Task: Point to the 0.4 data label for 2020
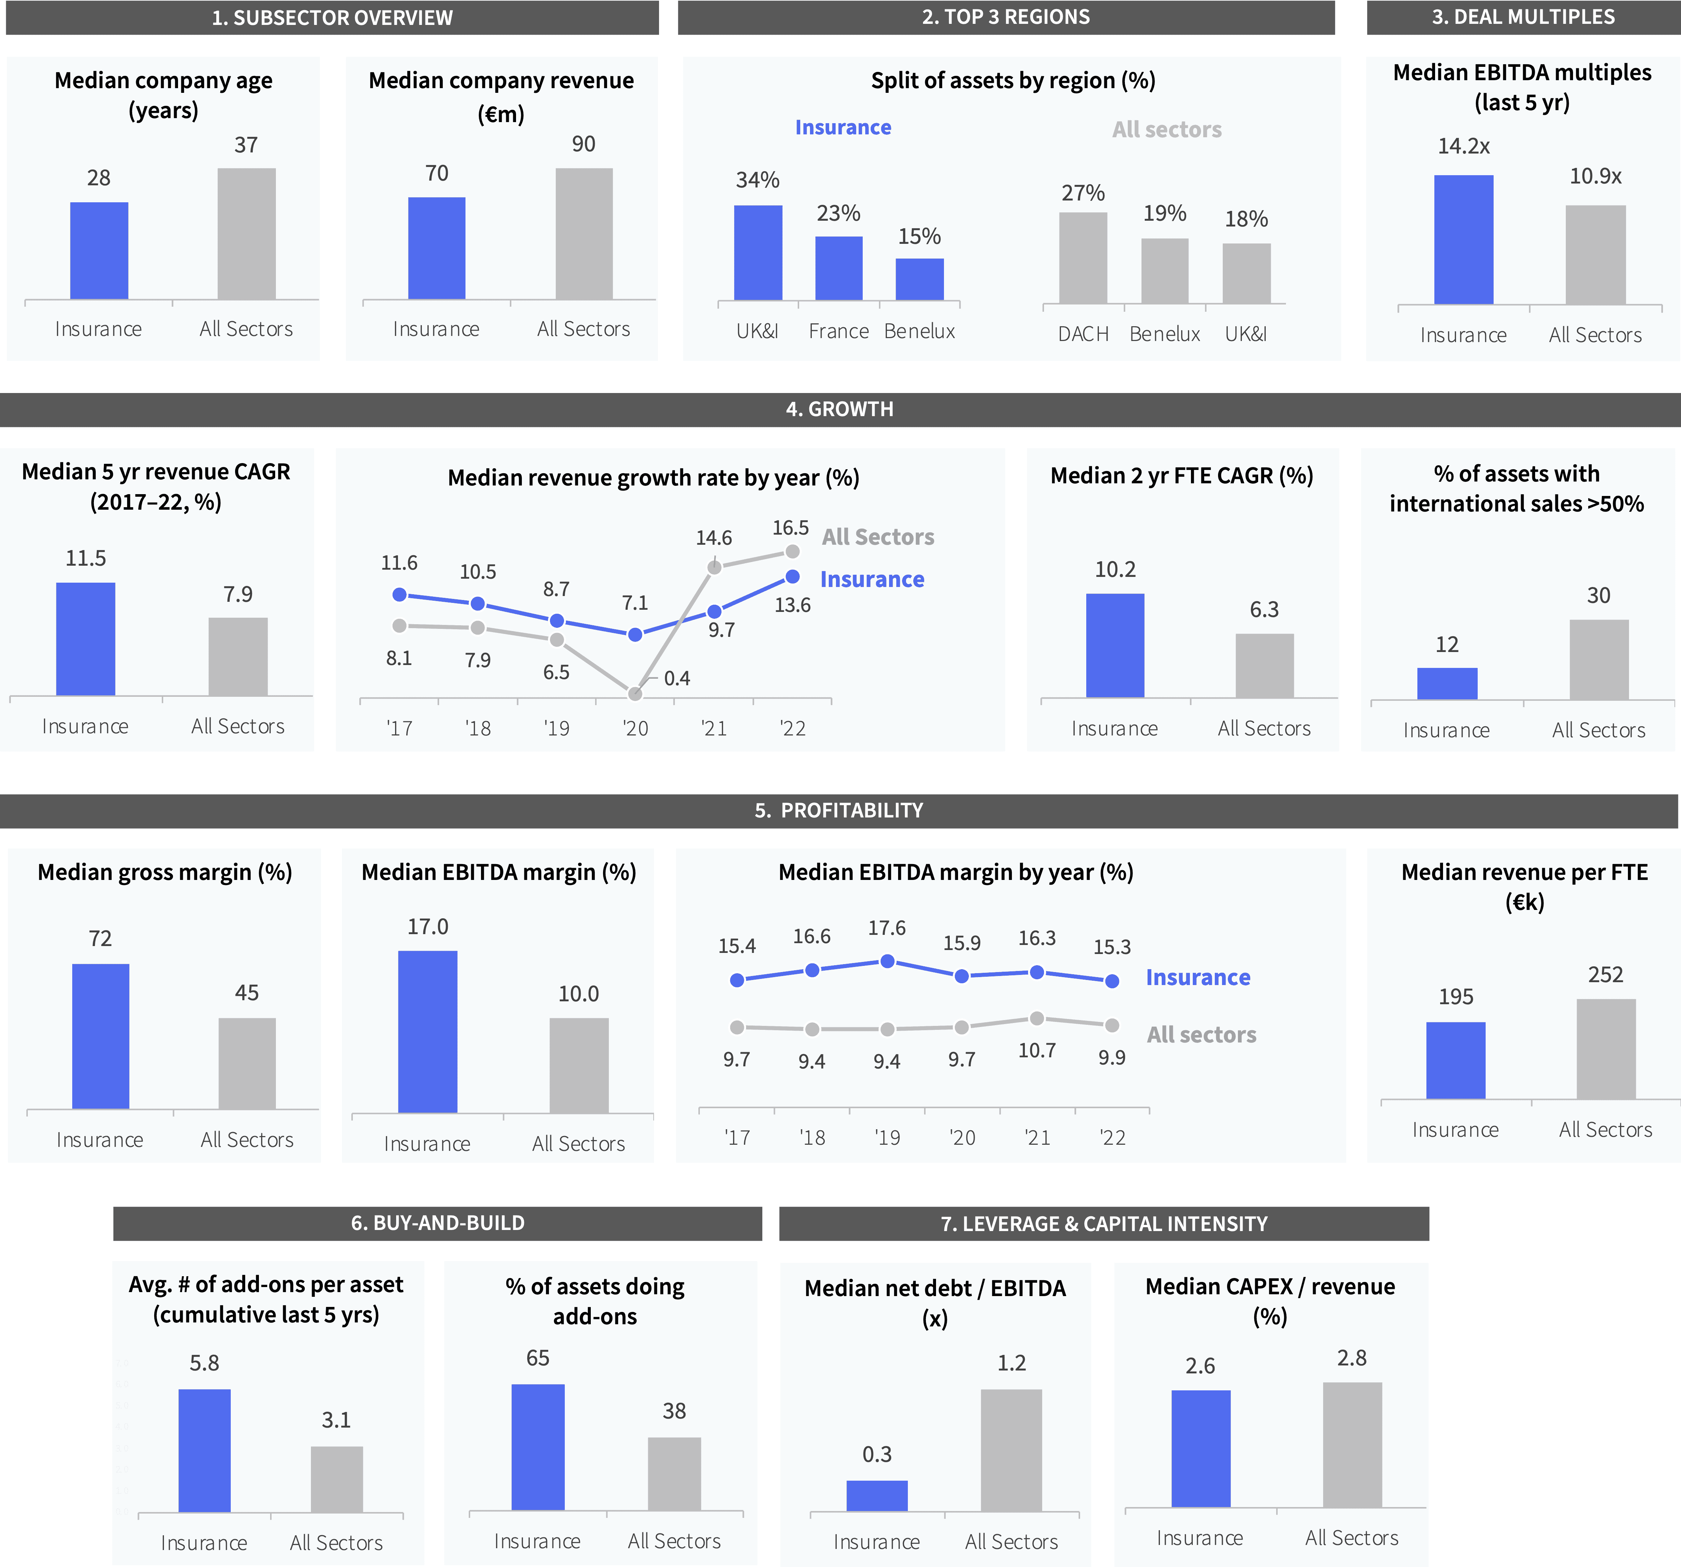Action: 676,678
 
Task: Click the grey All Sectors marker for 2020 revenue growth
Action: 635,694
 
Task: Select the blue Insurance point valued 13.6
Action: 792,577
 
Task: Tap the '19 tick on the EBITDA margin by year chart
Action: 887,1138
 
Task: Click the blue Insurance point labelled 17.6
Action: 887,962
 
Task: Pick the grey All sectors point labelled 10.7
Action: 1037,1019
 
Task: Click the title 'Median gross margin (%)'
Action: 165,872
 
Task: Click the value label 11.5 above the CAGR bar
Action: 85,558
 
